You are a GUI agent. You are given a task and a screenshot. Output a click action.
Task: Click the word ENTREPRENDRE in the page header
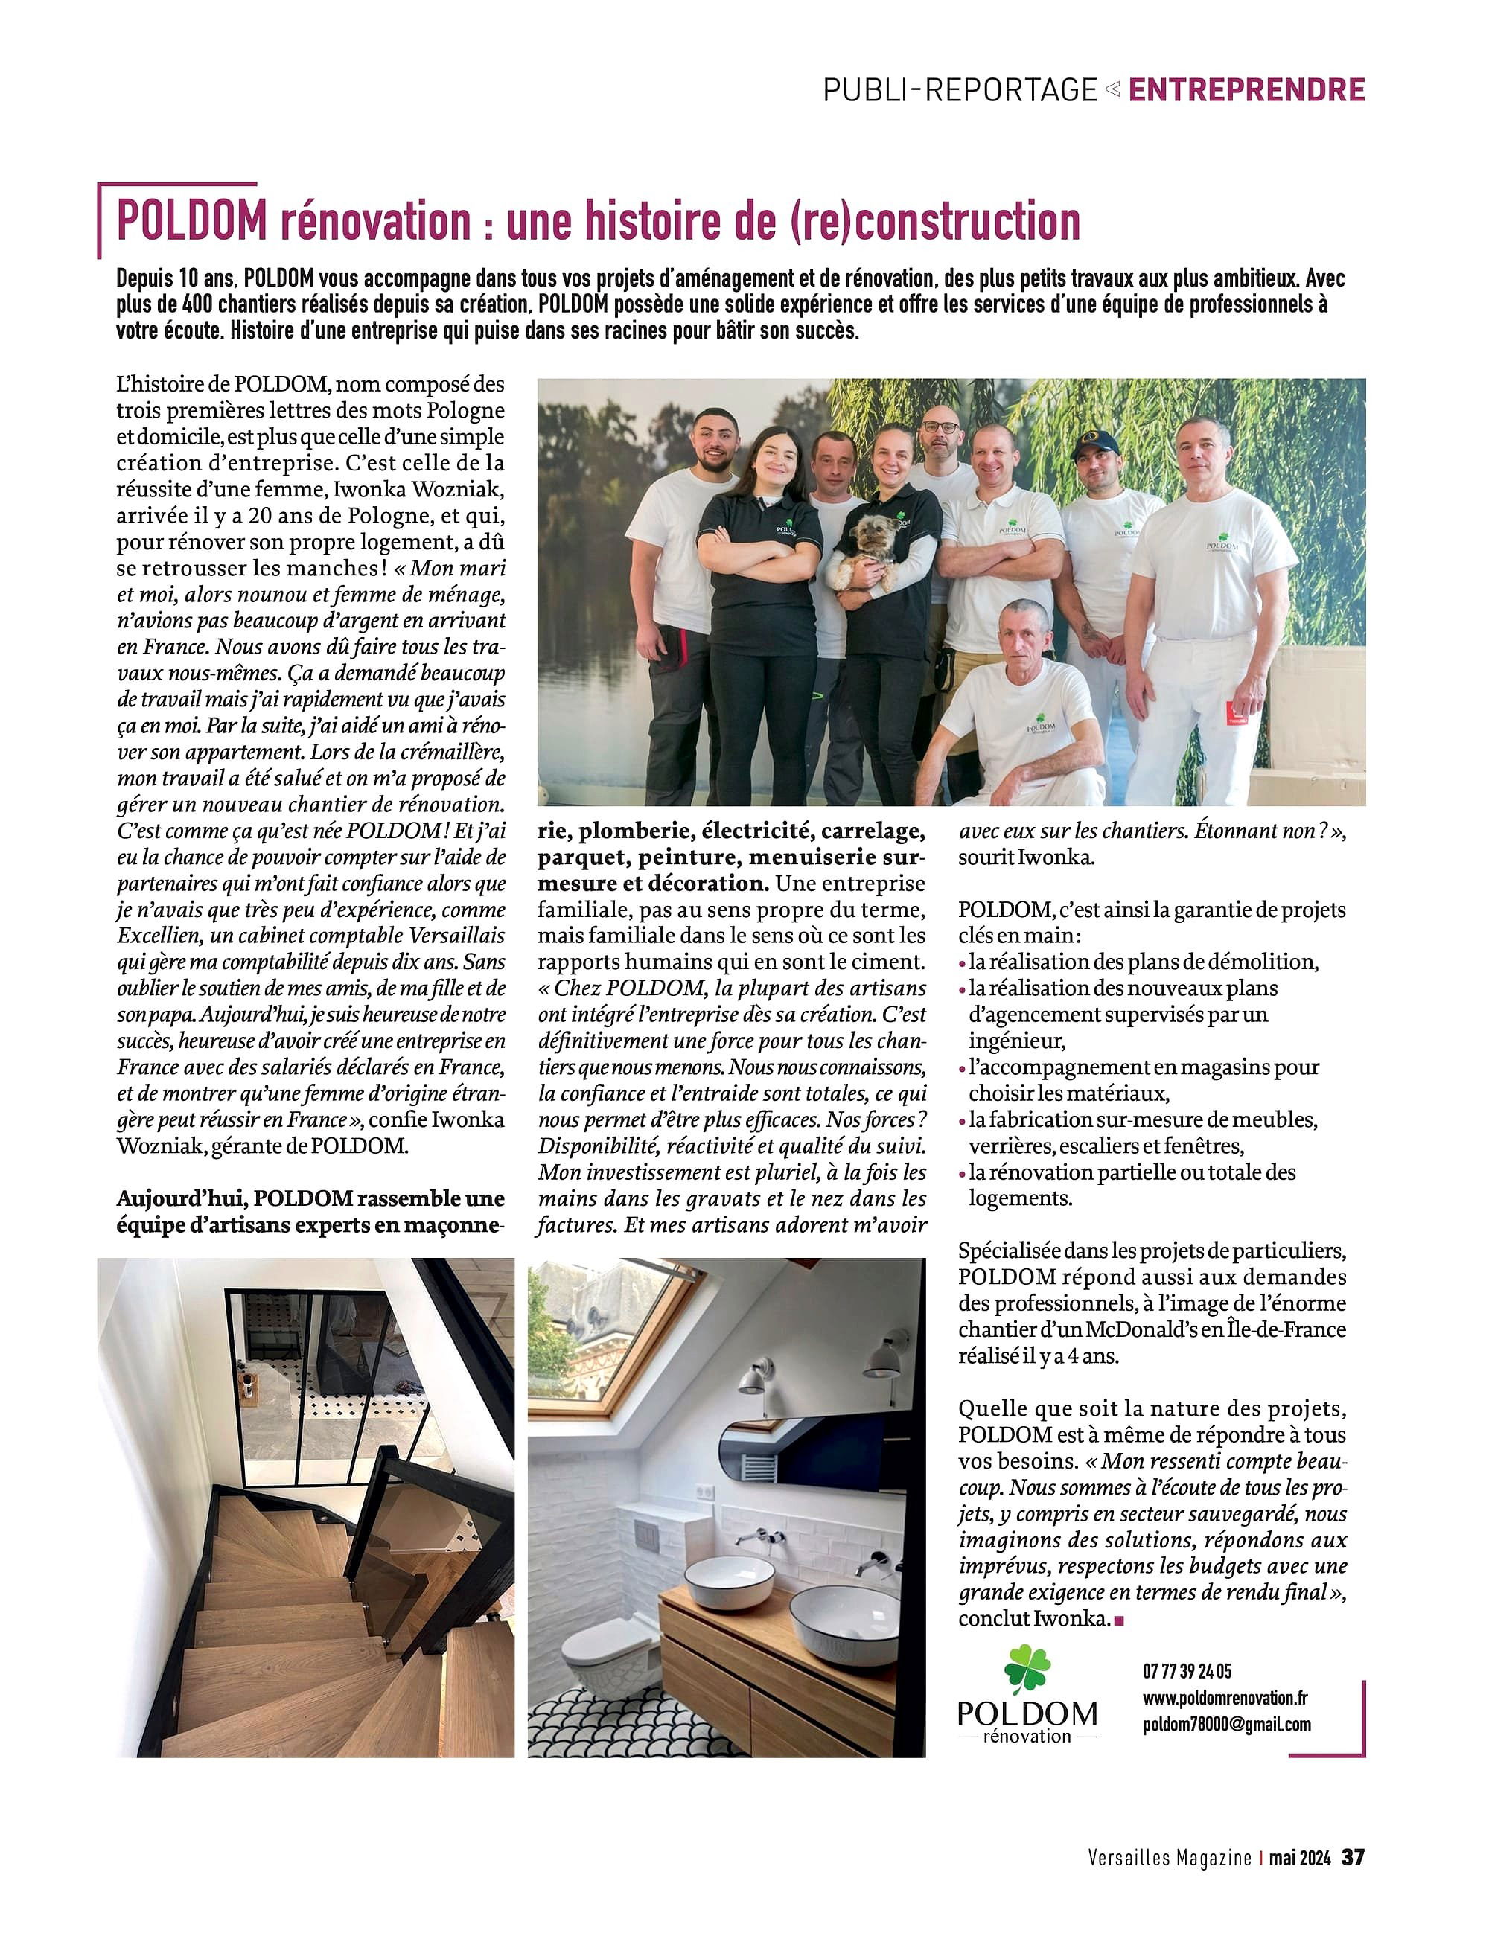[1246, 89]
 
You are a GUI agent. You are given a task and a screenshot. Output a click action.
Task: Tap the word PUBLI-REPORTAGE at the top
[960, 89]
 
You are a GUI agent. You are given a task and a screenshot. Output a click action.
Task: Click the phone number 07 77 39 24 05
[1187, 1671]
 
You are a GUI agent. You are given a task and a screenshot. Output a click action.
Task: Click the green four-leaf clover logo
[1027, 1668]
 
